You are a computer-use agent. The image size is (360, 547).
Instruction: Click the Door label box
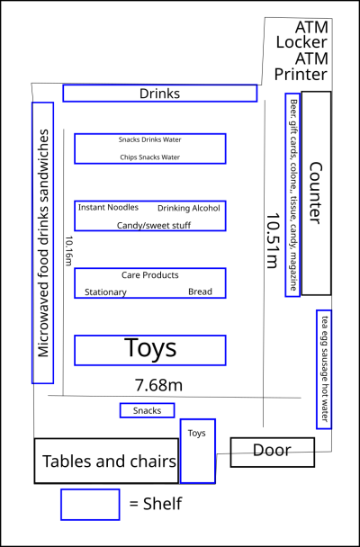click(272, 453)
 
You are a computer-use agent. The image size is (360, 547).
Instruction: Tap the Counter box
click(316, 193)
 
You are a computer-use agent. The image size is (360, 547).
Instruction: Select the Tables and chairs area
click(106, 461)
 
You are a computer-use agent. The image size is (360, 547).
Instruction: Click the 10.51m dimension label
click(273, 241)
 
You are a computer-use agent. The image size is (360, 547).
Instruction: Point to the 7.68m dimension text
click(158, 385)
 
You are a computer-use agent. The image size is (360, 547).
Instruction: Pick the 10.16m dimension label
click(68, 251)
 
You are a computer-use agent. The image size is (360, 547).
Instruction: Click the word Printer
click(301, 74)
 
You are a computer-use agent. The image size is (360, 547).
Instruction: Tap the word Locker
click(301, 42)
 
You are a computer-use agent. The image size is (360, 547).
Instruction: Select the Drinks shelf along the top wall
click(160, 94)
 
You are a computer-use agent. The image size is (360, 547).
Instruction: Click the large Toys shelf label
click(150, 348)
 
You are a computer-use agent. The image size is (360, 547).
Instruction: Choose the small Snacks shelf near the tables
click(148, 410)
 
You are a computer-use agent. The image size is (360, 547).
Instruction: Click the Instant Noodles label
click(108, 207)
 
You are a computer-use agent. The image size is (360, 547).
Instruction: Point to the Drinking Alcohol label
click(189, 208)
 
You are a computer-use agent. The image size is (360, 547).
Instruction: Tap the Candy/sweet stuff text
click(154, 225)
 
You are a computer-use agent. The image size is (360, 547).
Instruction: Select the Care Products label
click(150, 275)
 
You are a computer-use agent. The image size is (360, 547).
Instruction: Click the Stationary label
click(105, 292)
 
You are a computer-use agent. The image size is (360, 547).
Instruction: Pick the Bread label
click(200, 291)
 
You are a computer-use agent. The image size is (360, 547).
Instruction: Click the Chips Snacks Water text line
click(150, 157)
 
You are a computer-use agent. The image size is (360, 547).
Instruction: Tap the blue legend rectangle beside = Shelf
click(90, 505)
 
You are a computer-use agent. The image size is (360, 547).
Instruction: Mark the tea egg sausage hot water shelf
click(324, 369)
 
